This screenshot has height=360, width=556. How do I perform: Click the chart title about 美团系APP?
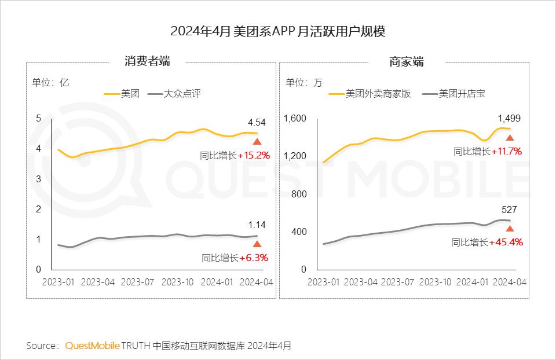pyautogui.click(x=277, y=31)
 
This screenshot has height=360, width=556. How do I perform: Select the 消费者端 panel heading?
pyautogui.click(x=147, y=61)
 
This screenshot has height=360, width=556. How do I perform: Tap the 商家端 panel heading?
pyautogui.click(x=406, y=61)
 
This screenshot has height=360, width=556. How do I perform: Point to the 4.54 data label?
pyautogui.click(x=257, y=122)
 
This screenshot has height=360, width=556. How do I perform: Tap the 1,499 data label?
pyautogui.click(x=509, y=119)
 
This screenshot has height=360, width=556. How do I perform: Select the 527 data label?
pyautogui.click(x=509, y=210)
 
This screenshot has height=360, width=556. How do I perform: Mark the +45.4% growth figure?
pyautogui.click(x=506, y=243)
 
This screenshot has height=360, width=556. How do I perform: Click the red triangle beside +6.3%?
pyautogui.click(x=257, y=244)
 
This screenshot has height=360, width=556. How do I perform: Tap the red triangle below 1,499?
pyautogui.click(x=510, y=138)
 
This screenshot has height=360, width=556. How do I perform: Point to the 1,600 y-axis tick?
pyautogui.click(x=295, y=119)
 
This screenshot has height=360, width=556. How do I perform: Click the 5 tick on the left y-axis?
pyautogui.click(x=38, y=119)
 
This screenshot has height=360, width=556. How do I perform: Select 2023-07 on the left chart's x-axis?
pyautogui.click(x=137, y=282)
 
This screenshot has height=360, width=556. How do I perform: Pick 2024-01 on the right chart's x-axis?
pyautogui.click(x=471, y=282)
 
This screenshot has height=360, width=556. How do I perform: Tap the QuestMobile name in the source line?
pyautogui.click(x=92, y=346)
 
